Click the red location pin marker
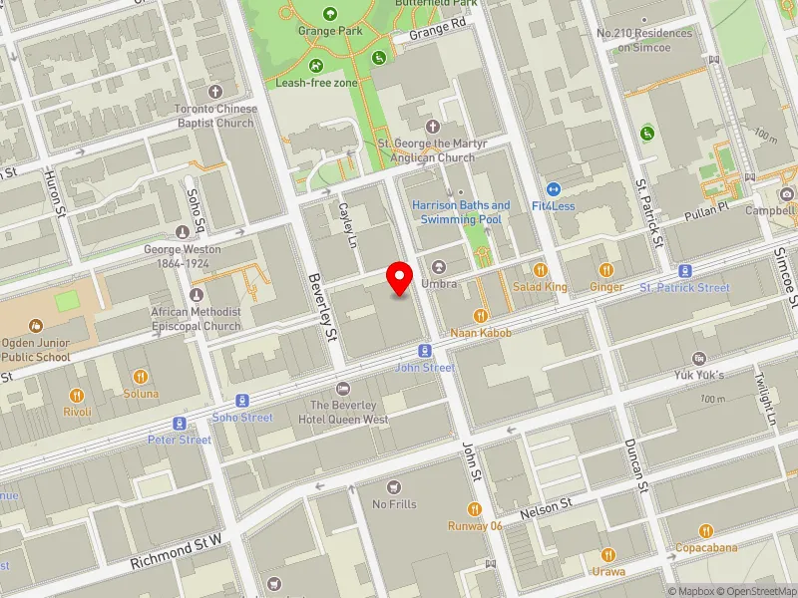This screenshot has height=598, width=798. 400,277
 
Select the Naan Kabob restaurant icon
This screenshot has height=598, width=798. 481,315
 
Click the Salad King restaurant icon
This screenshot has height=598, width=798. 541,269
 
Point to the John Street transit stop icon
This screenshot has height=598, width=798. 425,351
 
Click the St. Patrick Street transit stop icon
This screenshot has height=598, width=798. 685,271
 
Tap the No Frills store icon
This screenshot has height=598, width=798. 393,486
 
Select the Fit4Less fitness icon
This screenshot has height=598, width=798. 552,188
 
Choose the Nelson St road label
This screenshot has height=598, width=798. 548,509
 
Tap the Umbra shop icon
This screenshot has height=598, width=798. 439,267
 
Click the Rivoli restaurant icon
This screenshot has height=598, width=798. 77,395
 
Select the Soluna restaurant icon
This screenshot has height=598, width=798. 141,377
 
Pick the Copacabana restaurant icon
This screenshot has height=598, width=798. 706,531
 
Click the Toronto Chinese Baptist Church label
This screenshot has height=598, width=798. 214,116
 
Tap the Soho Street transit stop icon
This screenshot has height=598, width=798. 242,401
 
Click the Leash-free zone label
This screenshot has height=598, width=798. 316,83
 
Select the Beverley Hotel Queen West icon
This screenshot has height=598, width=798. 344,388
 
